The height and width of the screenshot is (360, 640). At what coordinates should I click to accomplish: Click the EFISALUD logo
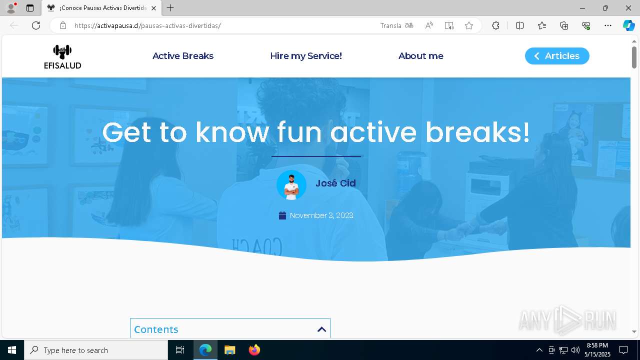[62, 56]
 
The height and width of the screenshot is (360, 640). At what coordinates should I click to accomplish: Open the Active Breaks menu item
[183, 56]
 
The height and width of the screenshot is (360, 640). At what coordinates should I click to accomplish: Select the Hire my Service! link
[306, 56]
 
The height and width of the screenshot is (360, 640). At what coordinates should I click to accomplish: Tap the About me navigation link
[421, 56]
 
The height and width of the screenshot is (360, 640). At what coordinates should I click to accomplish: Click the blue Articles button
[557, 56]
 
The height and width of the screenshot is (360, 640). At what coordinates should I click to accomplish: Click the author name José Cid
[335, 183]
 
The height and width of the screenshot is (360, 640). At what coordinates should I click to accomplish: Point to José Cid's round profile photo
[291, 185]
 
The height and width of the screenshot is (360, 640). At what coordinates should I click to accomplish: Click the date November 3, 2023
[321, 215]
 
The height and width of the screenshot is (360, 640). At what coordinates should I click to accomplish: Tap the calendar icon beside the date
[282, 215]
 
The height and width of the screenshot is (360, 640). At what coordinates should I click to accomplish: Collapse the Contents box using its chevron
[321, 329]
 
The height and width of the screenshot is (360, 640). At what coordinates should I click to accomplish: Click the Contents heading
[156, 329]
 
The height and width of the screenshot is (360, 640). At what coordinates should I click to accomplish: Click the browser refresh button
[36, 25]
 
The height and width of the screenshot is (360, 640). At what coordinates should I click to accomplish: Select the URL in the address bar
[147, 25]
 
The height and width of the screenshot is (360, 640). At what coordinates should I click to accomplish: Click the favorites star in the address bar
[469, 25]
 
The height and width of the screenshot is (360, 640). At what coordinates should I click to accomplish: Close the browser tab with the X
[154, 8]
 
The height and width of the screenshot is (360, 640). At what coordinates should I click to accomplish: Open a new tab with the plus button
[170, 8]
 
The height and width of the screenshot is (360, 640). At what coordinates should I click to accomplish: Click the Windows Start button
[12, 350]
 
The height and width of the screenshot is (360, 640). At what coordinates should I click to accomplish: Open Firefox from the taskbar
[254, 350]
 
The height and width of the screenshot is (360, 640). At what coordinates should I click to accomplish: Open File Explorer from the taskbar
[230, 350]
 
